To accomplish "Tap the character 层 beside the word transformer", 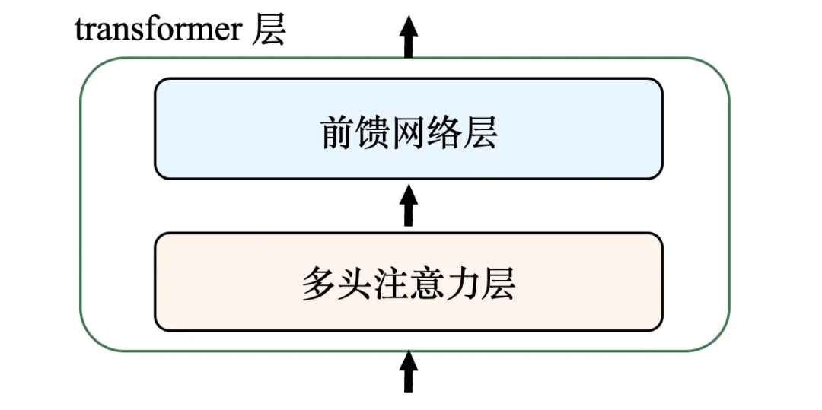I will point(269,30).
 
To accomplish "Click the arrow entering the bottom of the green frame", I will point(409,370).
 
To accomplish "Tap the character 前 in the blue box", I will point(337,134).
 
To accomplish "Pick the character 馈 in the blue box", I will point(373,134).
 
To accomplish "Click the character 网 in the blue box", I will point(409,134).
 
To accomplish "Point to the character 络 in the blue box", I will point(444,134).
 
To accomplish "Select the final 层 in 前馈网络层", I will point(480,134).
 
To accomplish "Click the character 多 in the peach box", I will point(319,284).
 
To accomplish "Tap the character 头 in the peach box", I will point(355,284).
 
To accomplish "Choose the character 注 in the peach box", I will point(390,284).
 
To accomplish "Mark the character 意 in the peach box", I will point(426,284).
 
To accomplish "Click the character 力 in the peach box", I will point(462,284).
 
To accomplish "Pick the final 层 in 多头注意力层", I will point(498,284).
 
